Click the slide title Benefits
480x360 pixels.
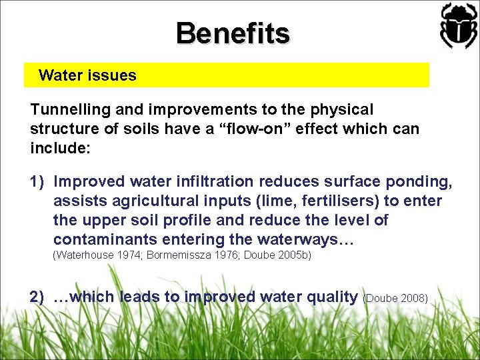(233, 33)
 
